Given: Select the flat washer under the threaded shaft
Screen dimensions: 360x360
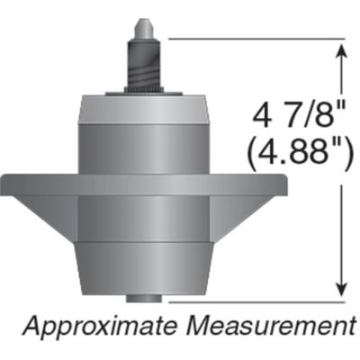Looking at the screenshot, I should (145, 92).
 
